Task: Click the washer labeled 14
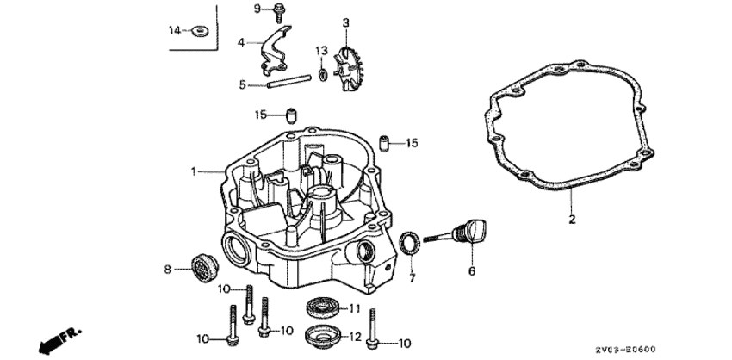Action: [202, 31]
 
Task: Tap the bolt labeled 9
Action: [280, 12]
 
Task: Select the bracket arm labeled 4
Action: [275, 51]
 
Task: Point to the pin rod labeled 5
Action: [289, 81]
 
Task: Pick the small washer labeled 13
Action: [323, 74]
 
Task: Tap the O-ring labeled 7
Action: [410, 244]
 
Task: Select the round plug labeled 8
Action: [204, 268]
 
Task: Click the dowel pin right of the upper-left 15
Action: [291, 115]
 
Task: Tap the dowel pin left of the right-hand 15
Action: [384, 142]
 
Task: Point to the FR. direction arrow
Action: [59, 340]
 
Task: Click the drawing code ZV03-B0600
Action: [625, 350]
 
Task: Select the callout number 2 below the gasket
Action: [572, 219]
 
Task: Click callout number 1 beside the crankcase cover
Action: [193, 172]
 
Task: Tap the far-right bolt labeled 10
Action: [372, 329]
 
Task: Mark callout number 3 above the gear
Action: [345, 22]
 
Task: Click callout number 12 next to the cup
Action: [356, 337]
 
